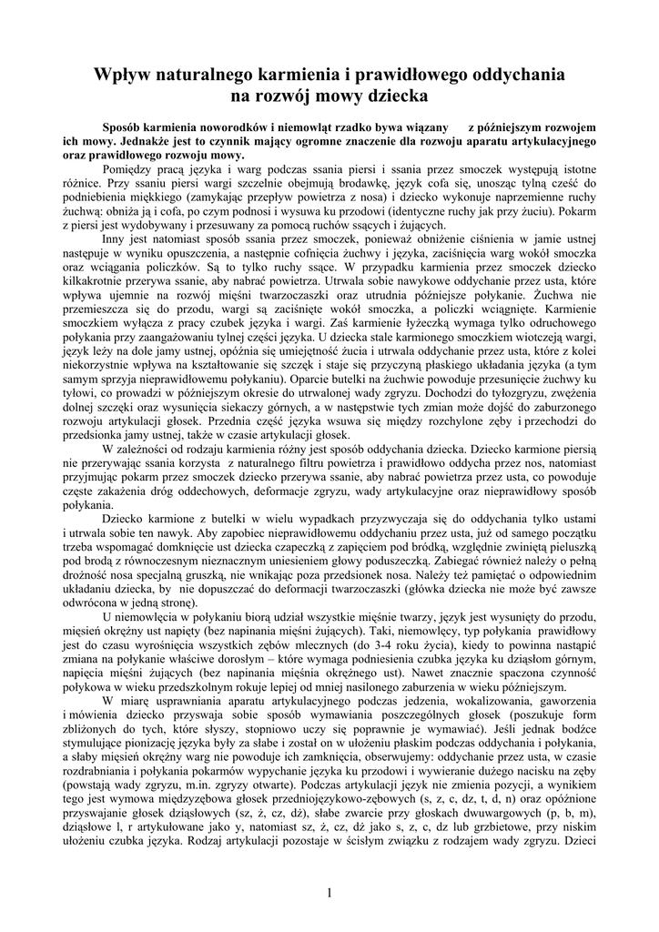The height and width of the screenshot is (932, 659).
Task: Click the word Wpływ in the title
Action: (x=125, y=73)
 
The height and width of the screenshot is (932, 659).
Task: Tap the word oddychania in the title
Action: (x=515, y=73)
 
